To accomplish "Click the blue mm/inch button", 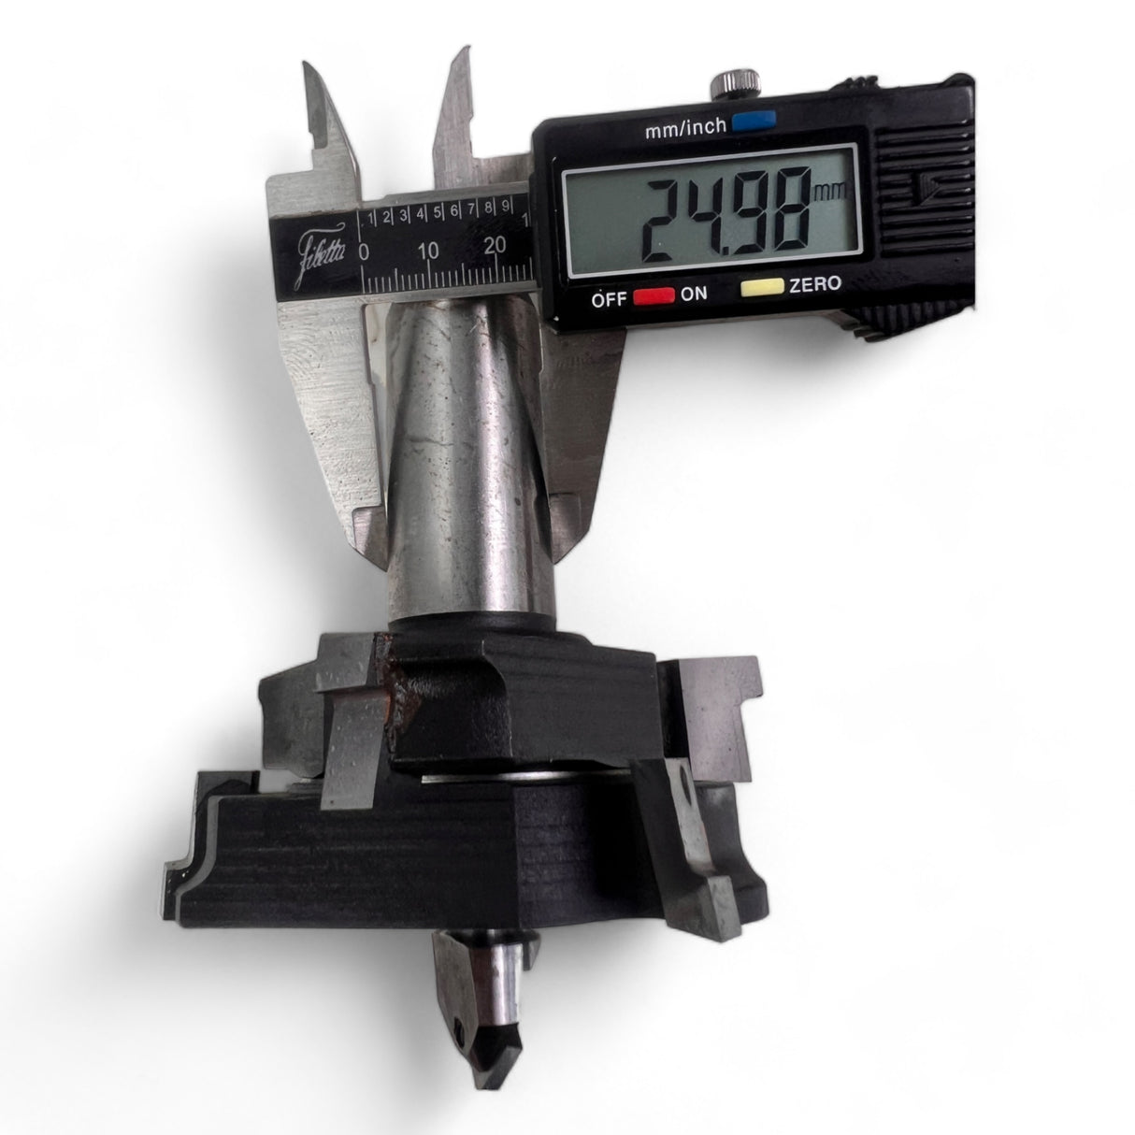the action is click(x=754, y=121).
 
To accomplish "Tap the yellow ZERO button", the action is click(x=762, y=287).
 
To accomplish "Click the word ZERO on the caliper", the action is click(x=815, y=284).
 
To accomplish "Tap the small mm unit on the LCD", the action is click(x=831, y=191).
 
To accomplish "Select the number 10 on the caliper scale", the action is click(x=428, y=251).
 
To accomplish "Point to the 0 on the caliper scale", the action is click(x=364, y=252).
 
